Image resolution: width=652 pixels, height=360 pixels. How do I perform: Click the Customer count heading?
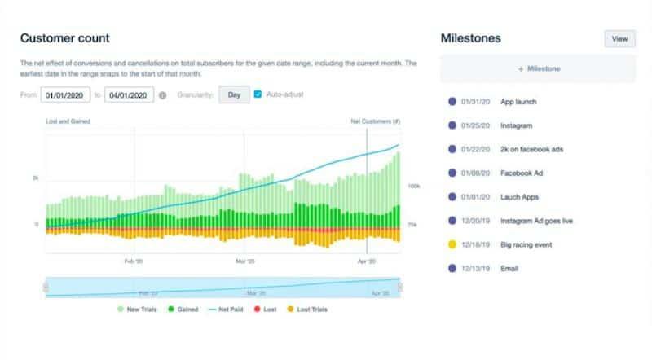[64, 38]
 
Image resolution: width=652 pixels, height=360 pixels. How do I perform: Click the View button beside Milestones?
[619, 38]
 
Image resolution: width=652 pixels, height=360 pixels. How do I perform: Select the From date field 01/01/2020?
[65, 95]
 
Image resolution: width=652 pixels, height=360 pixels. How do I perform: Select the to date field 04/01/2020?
[129, 95]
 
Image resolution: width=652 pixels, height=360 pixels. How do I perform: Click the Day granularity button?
[234, 95]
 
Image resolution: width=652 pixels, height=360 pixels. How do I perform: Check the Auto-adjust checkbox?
[258, 95]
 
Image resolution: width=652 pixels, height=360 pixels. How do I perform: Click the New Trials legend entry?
[139, 310]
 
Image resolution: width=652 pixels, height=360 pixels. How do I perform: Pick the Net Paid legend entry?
[232, 310]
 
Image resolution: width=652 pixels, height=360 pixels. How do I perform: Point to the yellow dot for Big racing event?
[452, 244]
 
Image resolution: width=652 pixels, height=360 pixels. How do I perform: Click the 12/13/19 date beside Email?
[474, 268]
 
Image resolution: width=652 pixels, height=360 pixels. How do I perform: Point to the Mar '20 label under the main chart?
[245, 261]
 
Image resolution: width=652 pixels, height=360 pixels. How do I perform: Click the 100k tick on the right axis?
[413, 187]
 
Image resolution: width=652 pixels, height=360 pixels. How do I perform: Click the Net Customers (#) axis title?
[375, 121]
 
